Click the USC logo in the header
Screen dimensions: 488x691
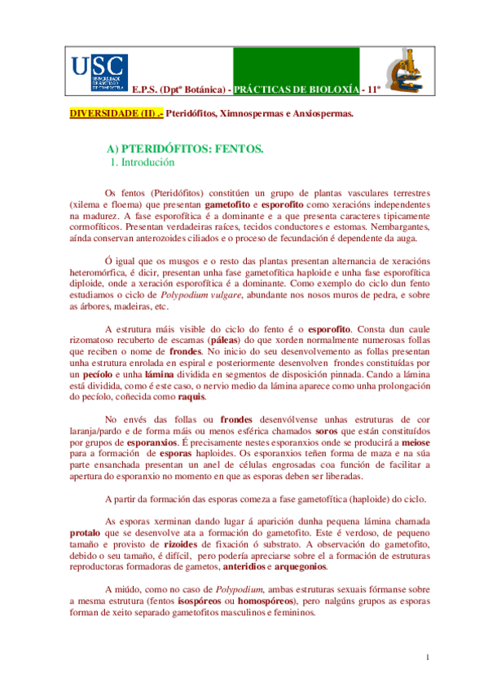[99, 72]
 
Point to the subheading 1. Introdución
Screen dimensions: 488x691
[143, 163]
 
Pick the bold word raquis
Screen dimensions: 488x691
[191, 397]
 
